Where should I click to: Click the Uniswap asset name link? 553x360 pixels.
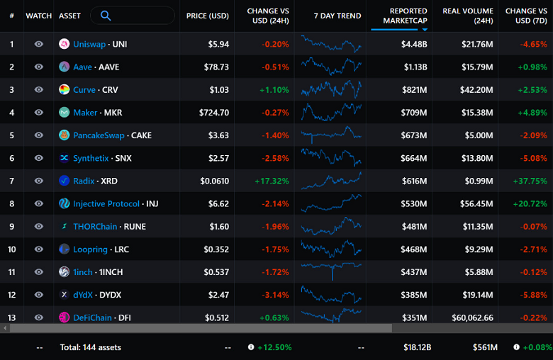coord(89,44)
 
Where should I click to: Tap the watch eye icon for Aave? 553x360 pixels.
coord(39,67)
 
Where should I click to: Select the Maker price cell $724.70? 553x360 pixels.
coord(214,112)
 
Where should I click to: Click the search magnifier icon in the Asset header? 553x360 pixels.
coord(106,16)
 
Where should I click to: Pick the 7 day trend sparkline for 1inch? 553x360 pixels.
coord(330,271)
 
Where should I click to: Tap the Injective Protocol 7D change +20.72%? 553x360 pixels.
coord(527,203)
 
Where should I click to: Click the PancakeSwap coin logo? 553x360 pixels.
coord(65,135)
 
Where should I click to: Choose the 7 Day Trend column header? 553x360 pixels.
coord(337,16)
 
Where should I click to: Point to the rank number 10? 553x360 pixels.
coord(11,249)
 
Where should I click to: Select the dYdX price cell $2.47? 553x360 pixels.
coord(219,294)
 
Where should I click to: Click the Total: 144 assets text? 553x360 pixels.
coord(90,347)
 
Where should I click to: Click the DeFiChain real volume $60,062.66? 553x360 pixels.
coord(468,317)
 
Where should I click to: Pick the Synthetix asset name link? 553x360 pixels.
coord(91,158)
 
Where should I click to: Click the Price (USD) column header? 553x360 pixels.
coord(206,16)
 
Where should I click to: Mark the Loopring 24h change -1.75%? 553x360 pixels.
coord(275,249)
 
